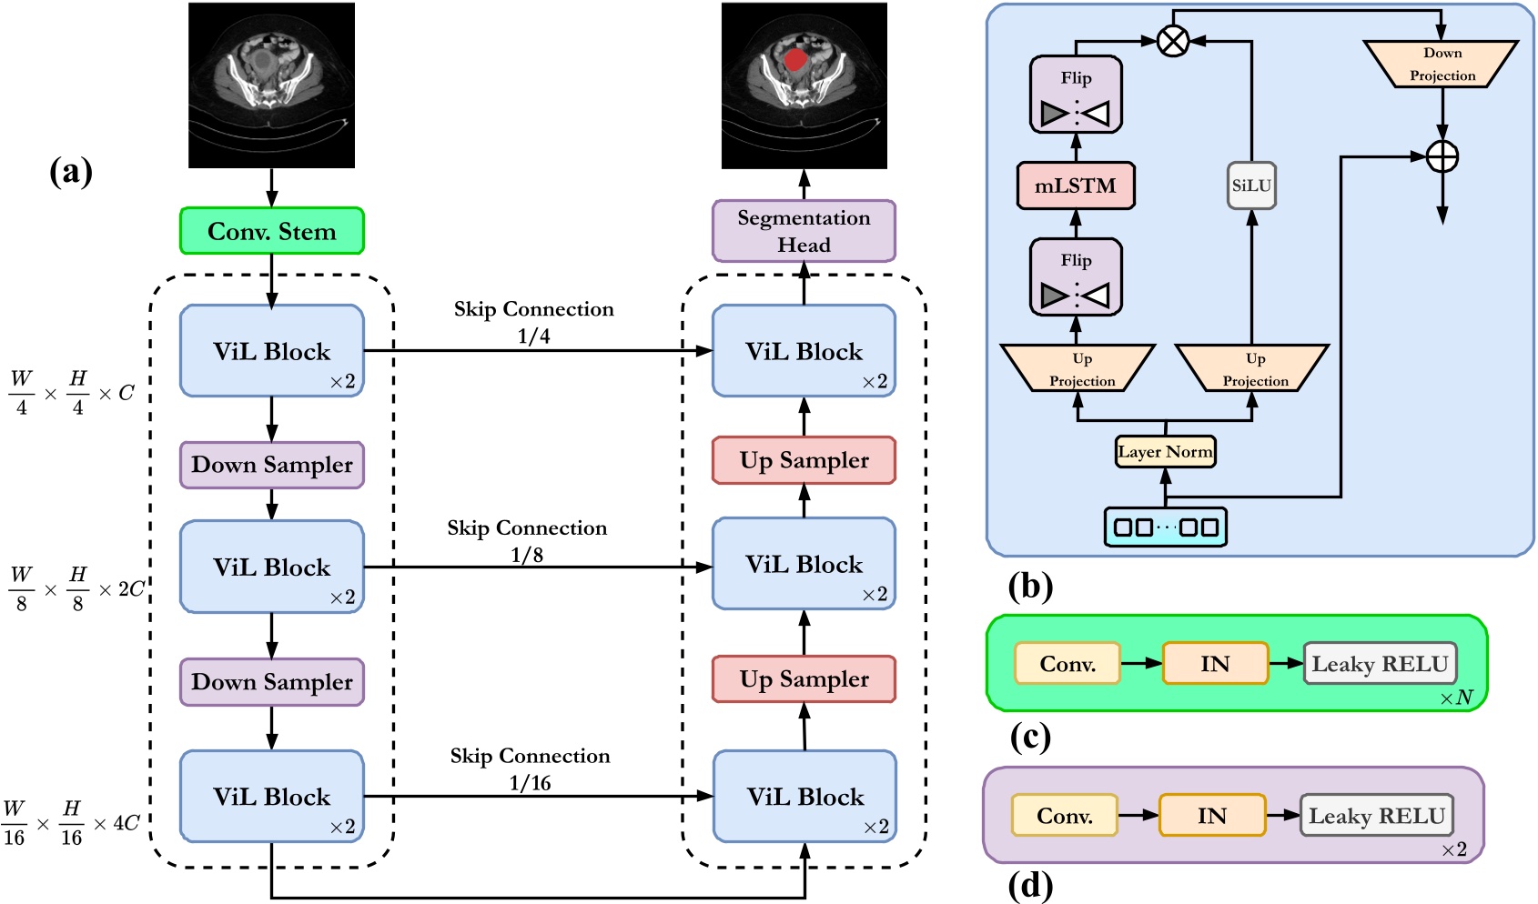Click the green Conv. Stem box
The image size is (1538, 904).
pos(271,231)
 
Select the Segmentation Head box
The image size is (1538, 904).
pos(804,231)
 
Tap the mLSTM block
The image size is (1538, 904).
pos(1075,186)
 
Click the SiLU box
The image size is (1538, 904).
pos(1251,186)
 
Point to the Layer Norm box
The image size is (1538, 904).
pos(1165,452)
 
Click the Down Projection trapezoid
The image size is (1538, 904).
pos(1442,64)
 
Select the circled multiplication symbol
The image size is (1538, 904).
pos(1173,40)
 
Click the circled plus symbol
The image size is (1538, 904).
pos(1442,156)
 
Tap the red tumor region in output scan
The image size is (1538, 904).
pos(795,60)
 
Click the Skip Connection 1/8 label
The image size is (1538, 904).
pos(527,540)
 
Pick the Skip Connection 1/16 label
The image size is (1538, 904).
pos(530,768)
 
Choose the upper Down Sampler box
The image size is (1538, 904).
pos(271,465)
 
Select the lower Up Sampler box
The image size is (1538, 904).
pos(804,679)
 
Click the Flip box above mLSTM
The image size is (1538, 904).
pos(1076,95)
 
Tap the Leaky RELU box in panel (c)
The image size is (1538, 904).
pos(1379,664)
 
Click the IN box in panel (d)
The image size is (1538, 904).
pos(1211,816)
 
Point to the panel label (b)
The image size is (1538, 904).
pos(1030,587)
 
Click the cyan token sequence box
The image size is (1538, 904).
pos(1165,527)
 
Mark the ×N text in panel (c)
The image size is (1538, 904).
pos(1456,698)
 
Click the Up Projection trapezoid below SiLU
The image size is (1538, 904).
pos(1253,368)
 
